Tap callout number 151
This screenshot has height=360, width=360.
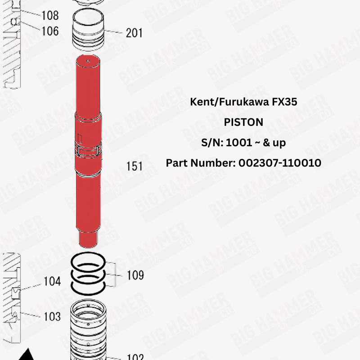click(135, 166)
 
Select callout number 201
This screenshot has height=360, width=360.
click(134, 33)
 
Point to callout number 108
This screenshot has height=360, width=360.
click(50, 16)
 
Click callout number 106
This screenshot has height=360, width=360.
click(50, 31)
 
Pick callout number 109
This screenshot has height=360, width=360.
click(135, 275)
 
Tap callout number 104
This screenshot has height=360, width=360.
click(52, 282)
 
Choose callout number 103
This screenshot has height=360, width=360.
click(52, 316)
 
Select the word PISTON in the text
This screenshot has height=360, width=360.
click(243, 122)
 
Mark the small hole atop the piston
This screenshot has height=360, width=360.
click(89, 61)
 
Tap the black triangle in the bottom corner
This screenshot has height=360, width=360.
click(27, 354)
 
